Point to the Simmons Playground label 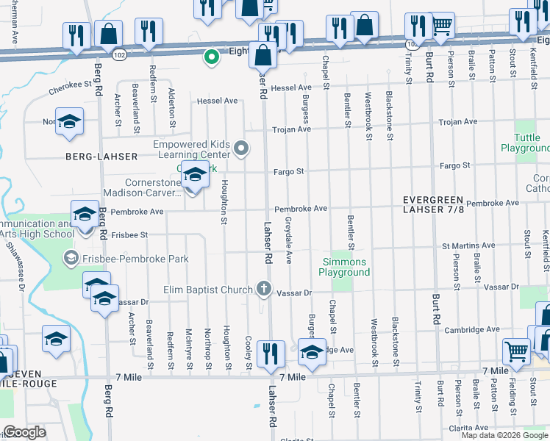pos(344,267)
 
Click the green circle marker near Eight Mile pos(211,56)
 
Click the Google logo pos(25,432)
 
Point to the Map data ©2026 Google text pos(504,435)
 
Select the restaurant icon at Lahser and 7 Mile pos(271,354)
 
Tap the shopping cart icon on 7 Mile pos(516,352)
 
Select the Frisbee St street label pos(129,234)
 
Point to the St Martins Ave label pos(468,245)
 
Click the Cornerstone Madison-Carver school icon pos(195,176)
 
